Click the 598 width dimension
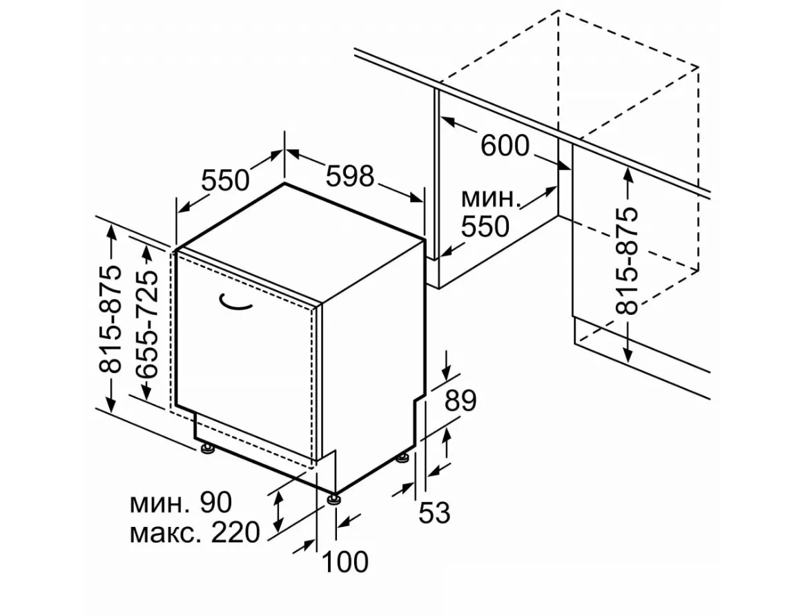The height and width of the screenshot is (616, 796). coord(349,176)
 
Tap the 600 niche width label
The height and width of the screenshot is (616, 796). coord(505,146)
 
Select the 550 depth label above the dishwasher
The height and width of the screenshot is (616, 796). coord(225,180)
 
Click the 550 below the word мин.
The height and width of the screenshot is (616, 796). coord(485,227)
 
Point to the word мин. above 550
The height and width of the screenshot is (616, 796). coord(489,200)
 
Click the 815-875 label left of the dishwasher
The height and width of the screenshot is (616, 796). coord(110,320)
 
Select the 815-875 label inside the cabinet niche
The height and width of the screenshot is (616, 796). coord(628,261)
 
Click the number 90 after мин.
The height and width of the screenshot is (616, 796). coord(216,503)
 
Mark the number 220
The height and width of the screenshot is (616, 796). coord(235,532)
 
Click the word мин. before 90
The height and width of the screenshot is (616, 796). coord(158,503)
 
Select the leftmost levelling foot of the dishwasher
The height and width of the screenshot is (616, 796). coord(206,449)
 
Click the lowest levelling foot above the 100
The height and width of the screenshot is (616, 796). coord(335,499)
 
